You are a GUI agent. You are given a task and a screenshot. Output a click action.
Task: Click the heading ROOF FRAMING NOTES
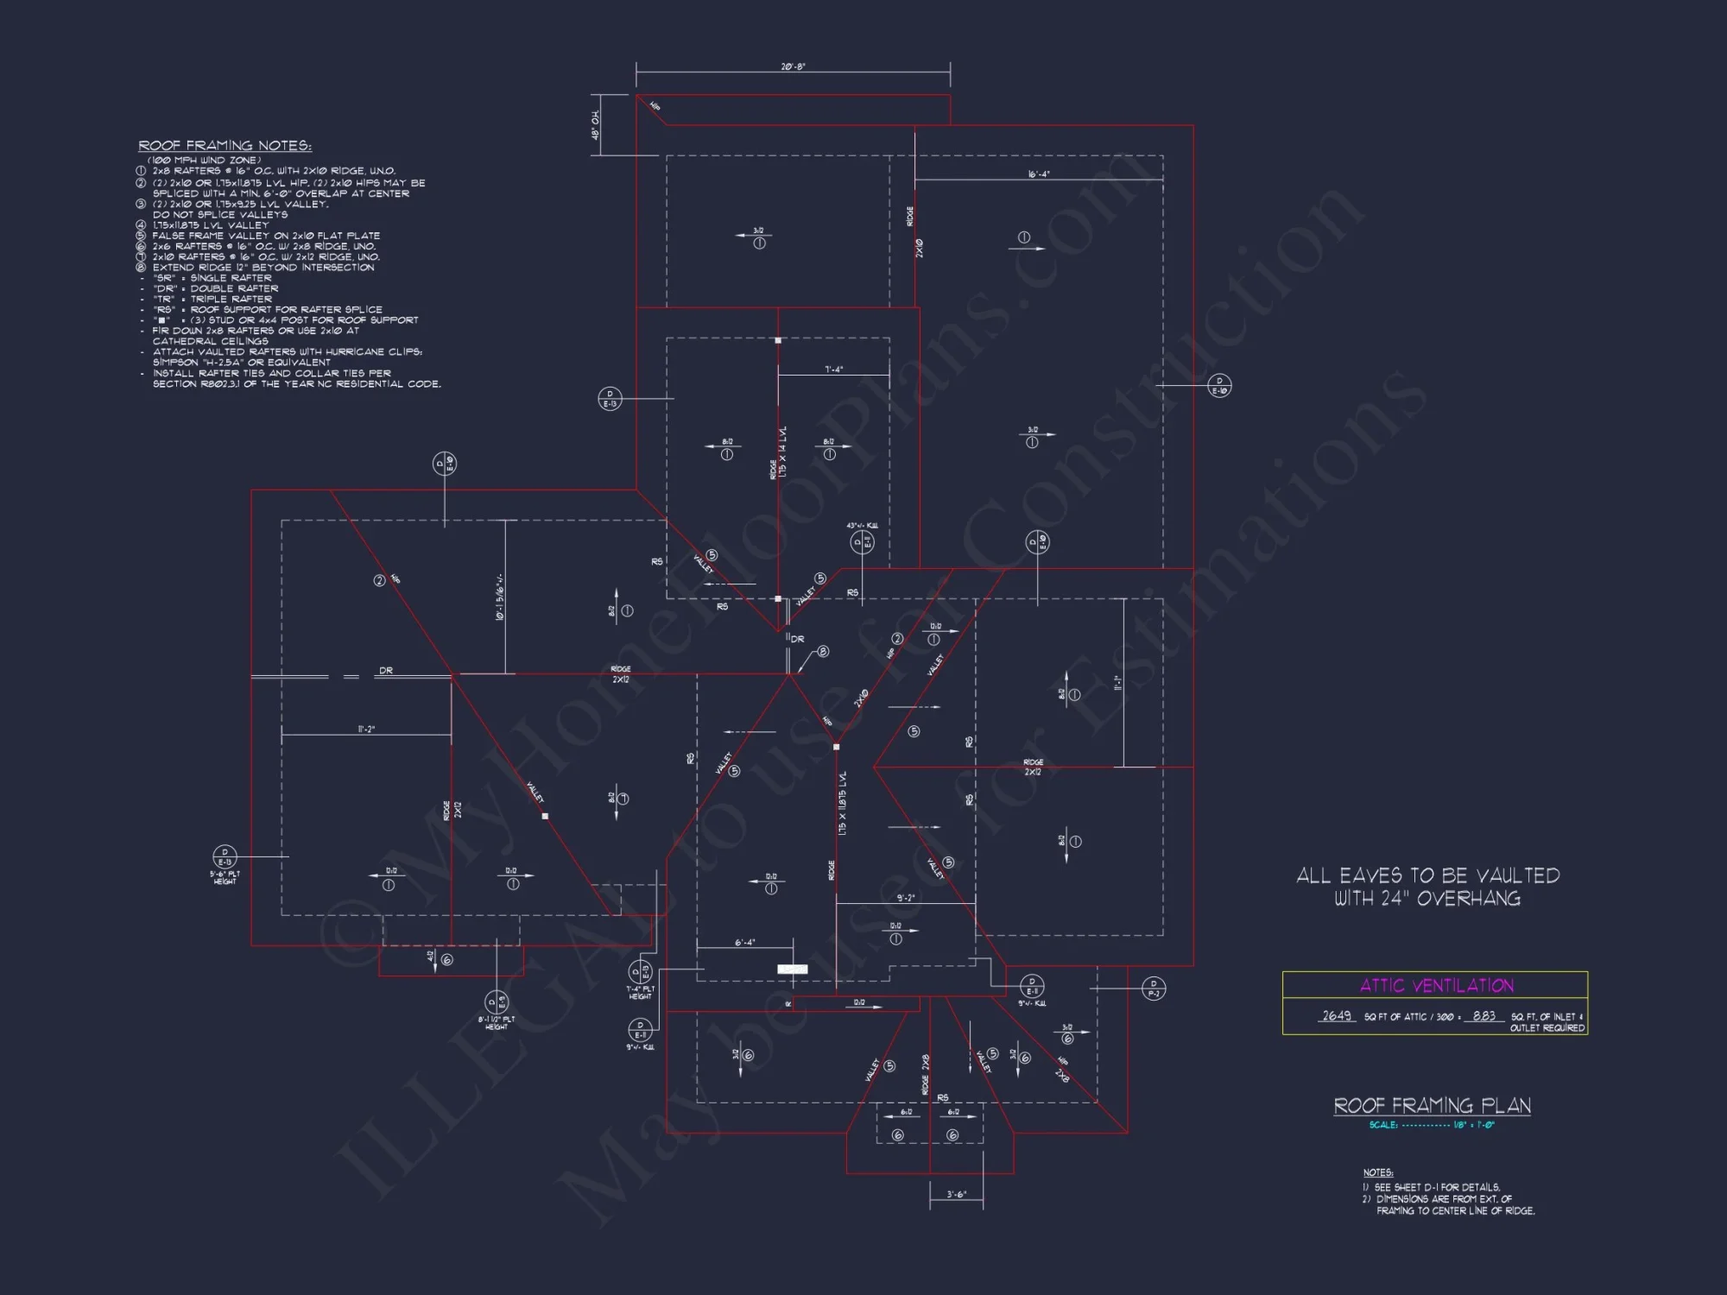coord(225,146)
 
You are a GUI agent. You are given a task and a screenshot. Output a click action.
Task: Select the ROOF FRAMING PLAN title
coord(1432,1106)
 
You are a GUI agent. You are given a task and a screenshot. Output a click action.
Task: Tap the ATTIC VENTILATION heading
coord(1436,985)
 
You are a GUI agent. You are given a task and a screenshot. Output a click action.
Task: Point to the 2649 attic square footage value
coord(1336,1016)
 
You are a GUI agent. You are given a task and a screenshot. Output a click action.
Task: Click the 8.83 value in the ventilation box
coord(1483,1016)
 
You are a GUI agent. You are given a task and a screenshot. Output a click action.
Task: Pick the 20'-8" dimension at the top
coord(793,66)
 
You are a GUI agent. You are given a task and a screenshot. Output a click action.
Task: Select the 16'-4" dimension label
coord(1038,174)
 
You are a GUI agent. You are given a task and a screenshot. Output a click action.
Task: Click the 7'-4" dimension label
coord(833,370)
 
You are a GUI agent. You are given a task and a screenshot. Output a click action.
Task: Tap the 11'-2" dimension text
coord(366,730)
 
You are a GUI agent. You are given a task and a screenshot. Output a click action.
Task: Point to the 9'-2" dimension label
coord(905,898)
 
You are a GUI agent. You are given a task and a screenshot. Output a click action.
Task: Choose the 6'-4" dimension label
coord(744,943)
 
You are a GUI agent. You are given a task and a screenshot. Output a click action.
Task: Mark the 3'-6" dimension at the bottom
coord(956,1195)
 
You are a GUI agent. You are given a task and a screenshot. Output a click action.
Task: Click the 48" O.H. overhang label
coord(596,125)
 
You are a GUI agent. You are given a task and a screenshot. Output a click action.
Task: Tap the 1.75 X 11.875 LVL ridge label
coord(842,803)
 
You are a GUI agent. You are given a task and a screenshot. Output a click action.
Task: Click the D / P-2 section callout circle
coord(1154,988)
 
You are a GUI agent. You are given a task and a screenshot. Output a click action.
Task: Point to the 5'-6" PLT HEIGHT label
coord(225,878)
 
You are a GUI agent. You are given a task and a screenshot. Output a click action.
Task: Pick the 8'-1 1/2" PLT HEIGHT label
coord(497,1023)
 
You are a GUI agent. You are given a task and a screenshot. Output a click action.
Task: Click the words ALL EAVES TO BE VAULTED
coord(1427,875)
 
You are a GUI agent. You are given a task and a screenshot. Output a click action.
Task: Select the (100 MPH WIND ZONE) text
coord(204,160)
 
